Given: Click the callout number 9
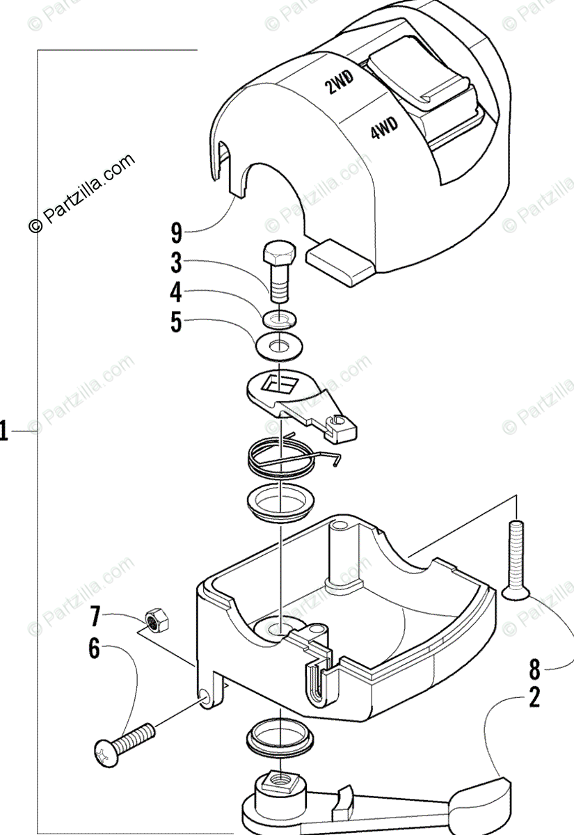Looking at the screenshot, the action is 177,231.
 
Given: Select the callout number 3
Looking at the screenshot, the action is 177,263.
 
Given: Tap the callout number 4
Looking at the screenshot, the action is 177,292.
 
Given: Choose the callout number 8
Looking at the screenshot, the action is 534,669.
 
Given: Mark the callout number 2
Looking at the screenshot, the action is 534,697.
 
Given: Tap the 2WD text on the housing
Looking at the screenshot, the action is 340,84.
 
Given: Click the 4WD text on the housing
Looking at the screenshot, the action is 383,128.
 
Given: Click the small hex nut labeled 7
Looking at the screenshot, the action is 154,618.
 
